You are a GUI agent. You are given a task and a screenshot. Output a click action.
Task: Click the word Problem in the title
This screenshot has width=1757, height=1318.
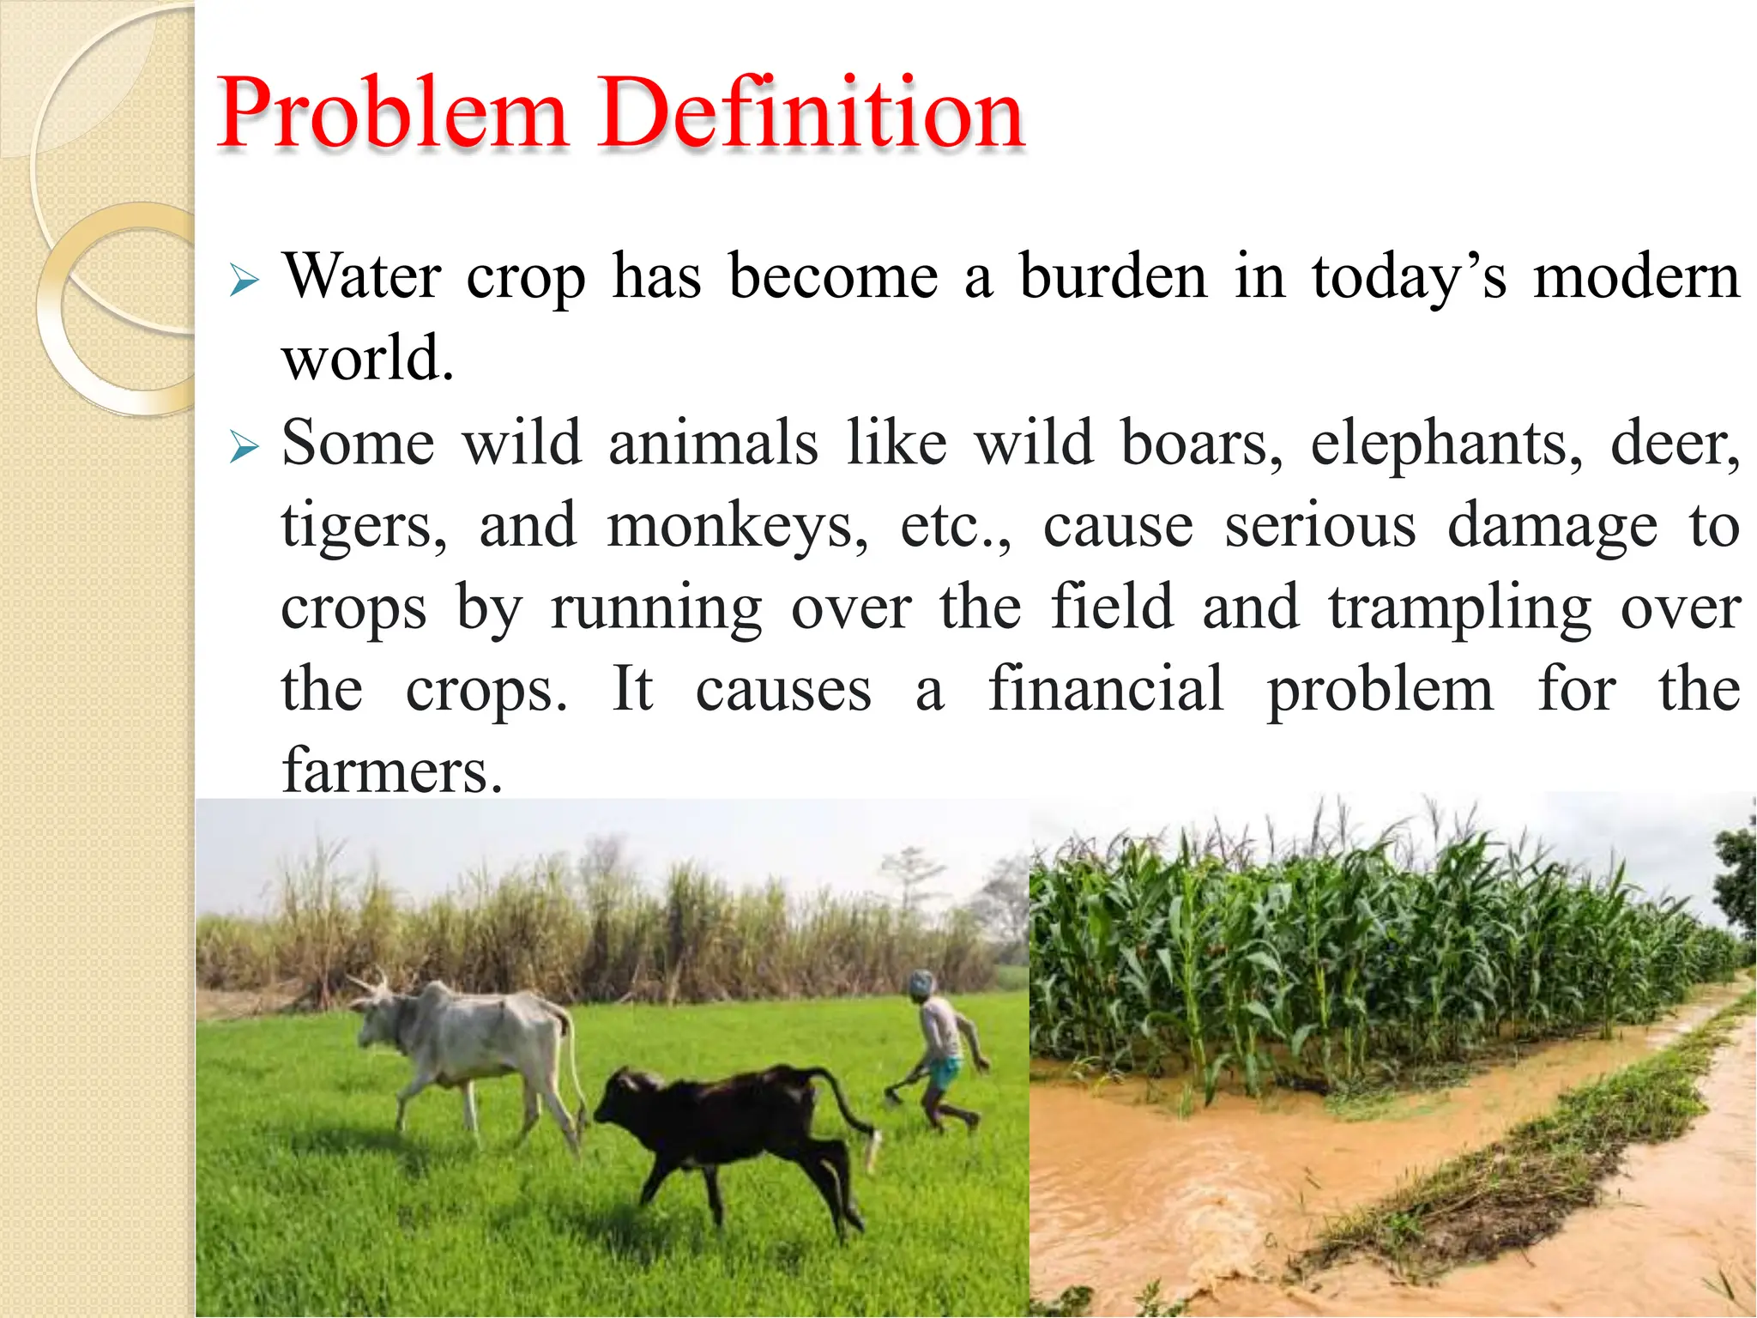pyautogui.click(x=392, y=113)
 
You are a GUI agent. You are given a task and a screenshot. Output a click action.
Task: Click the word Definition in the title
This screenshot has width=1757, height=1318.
pyautogui.click(x=811, y=113)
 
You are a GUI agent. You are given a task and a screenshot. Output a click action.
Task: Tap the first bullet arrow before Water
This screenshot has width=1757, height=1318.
pyautogui.click(x=244, y=281)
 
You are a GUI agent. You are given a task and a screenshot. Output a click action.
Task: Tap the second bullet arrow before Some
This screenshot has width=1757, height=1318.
pyautogui.click(x=244, y=447)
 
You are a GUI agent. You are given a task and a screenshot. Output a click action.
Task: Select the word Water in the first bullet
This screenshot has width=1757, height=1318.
pyautogui.click(x=361, y=277)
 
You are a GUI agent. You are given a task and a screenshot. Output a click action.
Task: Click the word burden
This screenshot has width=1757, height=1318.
pyautogui.click(x=1113, y=277)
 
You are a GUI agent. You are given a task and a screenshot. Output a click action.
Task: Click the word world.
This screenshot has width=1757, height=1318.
pyautogui.click(x=367, y=359)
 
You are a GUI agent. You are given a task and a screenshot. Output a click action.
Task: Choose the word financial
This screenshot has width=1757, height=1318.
pyautogui.click(x=1105, y=689)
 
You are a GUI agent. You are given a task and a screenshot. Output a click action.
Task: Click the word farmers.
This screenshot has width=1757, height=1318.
pyautogui.click(x=391, y=771)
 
